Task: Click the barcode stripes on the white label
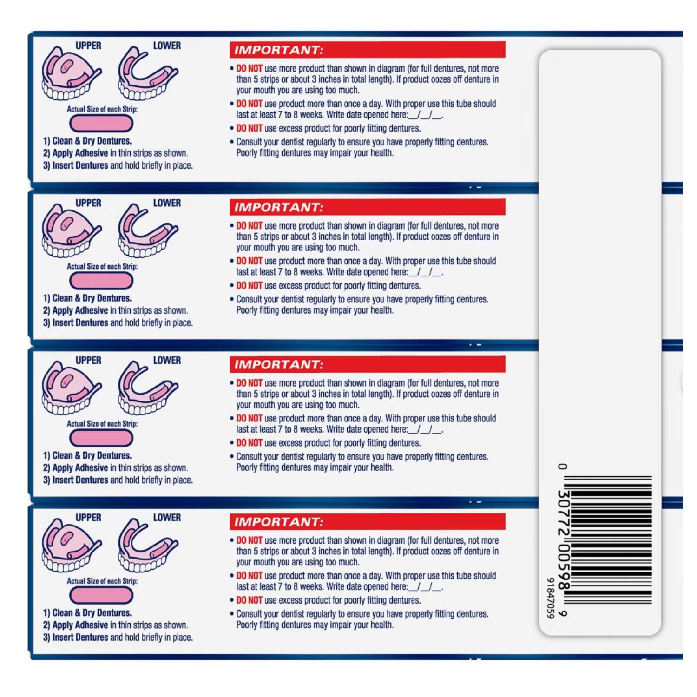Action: point(612,540)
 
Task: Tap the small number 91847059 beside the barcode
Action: point(550,598)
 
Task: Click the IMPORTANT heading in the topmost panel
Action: point(278,50)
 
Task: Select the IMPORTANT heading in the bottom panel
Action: point(278,522)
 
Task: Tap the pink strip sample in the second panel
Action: point(101,281)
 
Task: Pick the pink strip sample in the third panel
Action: point(101,438)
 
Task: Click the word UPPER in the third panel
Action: point(88,360)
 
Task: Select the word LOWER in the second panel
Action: point(167,203)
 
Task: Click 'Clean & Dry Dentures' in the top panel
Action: point(87,141)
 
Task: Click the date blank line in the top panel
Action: point(425,115)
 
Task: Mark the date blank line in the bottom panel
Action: point(425,587)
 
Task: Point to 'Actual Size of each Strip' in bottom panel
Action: point(102,581)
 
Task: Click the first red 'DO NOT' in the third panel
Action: point(249,383)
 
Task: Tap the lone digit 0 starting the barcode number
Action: point(563,467)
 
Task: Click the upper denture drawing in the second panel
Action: point(71,231)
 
